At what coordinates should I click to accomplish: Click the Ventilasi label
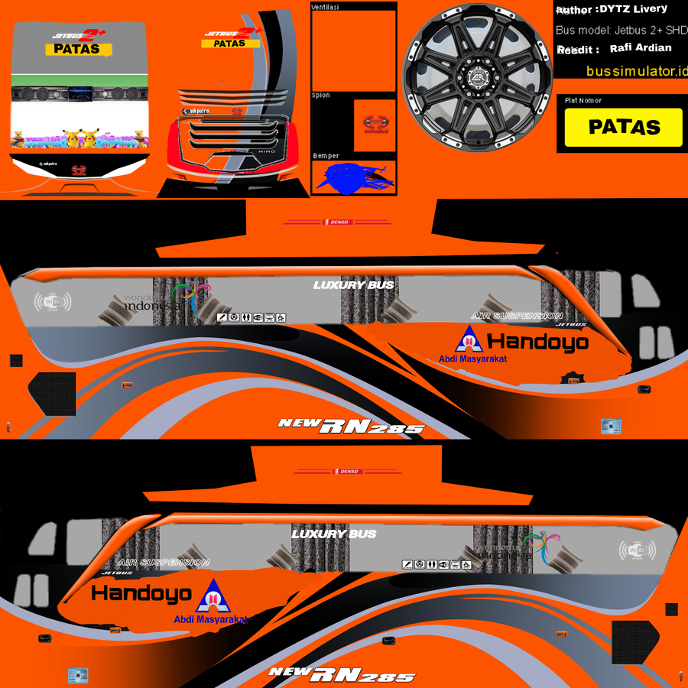click(326, 7)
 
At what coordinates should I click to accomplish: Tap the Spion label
click(321, 96)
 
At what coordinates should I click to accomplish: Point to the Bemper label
click(326, 156)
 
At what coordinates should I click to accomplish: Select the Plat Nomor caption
click(583, 100)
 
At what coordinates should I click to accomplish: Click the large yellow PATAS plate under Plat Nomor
click(624, 127)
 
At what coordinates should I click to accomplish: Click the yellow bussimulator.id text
click(637, 71)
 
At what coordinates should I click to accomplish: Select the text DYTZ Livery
click(634, 9)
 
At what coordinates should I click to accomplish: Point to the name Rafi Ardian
click(641, 47)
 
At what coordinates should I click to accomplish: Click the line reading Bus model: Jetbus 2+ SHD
click(621, 31)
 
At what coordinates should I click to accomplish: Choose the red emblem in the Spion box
click(375, 124)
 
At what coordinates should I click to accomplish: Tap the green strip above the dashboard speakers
click(79, 79)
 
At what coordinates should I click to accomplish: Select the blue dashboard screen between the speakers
click(80, 94)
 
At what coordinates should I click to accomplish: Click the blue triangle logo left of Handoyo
click(468, 340)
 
